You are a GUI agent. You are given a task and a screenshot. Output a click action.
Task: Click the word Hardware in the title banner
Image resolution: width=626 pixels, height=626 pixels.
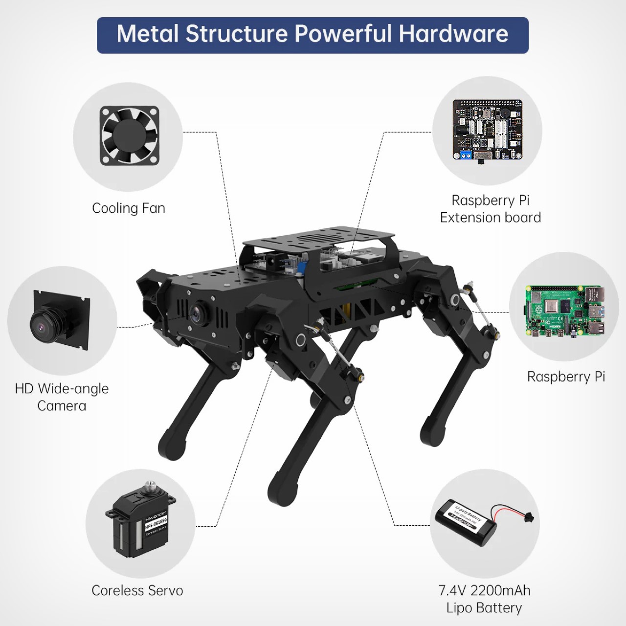(x=453, y=34)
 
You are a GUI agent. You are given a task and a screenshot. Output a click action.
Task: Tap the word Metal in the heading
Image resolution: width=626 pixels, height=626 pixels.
(x=148, y=34)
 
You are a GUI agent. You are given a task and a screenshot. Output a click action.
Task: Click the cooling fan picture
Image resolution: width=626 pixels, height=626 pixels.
(x=130, y=135)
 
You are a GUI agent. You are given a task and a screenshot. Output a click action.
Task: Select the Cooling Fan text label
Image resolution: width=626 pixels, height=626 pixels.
(x=129, y=208)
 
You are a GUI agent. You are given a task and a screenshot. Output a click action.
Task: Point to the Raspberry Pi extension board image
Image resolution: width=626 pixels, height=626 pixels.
(x=487, y=130)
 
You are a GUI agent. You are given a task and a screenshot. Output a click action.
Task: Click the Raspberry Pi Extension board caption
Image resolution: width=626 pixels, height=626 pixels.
(x=490, y=209)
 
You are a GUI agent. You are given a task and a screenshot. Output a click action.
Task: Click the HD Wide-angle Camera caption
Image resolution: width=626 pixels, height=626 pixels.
(x=62, y=397)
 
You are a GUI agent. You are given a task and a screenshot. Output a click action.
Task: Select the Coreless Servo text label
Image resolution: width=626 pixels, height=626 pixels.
(x=137, y=591)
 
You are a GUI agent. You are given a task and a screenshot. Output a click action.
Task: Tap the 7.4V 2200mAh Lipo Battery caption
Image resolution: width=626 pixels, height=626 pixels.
(x=484, y=599)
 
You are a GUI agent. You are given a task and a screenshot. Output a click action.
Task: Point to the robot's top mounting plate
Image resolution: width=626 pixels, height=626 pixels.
(x=318, y=239)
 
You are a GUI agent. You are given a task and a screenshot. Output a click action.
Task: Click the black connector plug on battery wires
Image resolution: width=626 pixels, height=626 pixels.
(x=528, y=516)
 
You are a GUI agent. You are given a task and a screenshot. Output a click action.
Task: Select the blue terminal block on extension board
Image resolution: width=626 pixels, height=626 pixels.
(x=463, y=156)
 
